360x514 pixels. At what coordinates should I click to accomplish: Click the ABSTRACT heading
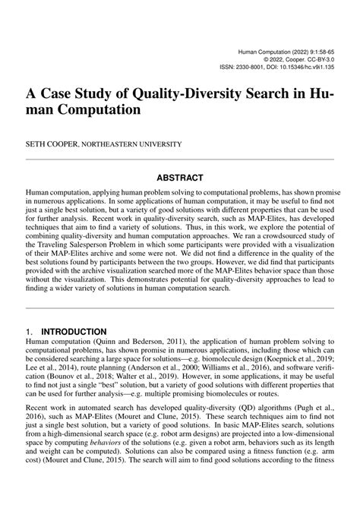point(180,178)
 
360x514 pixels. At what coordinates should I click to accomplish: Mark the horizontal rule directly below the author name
point(180,160)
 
